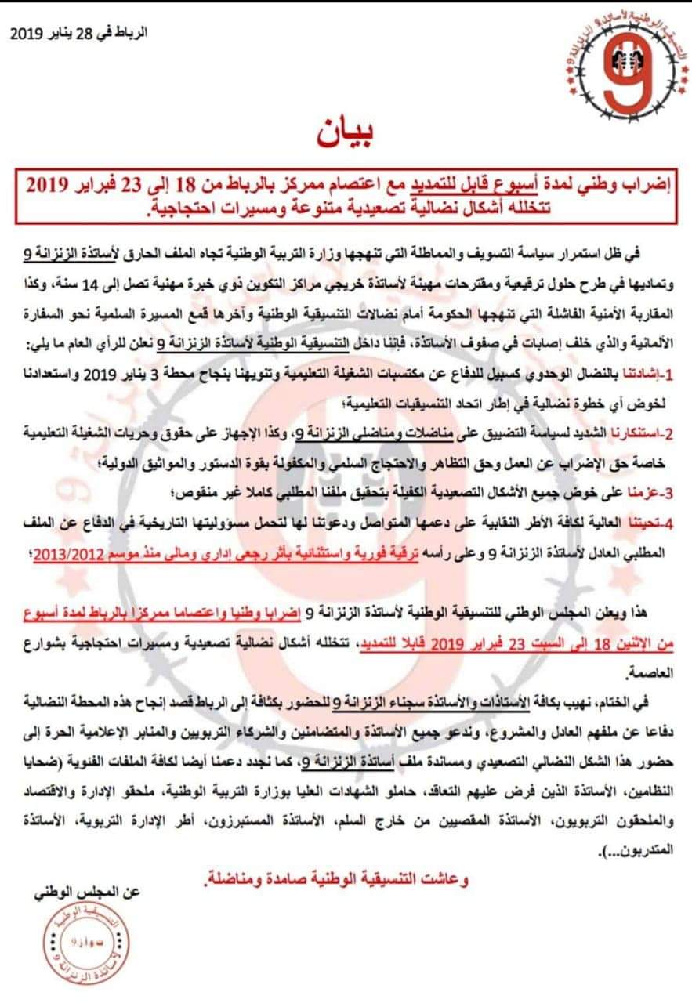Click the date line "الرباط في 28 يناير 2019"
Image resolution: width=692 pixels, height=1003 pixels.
point(78,34)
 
